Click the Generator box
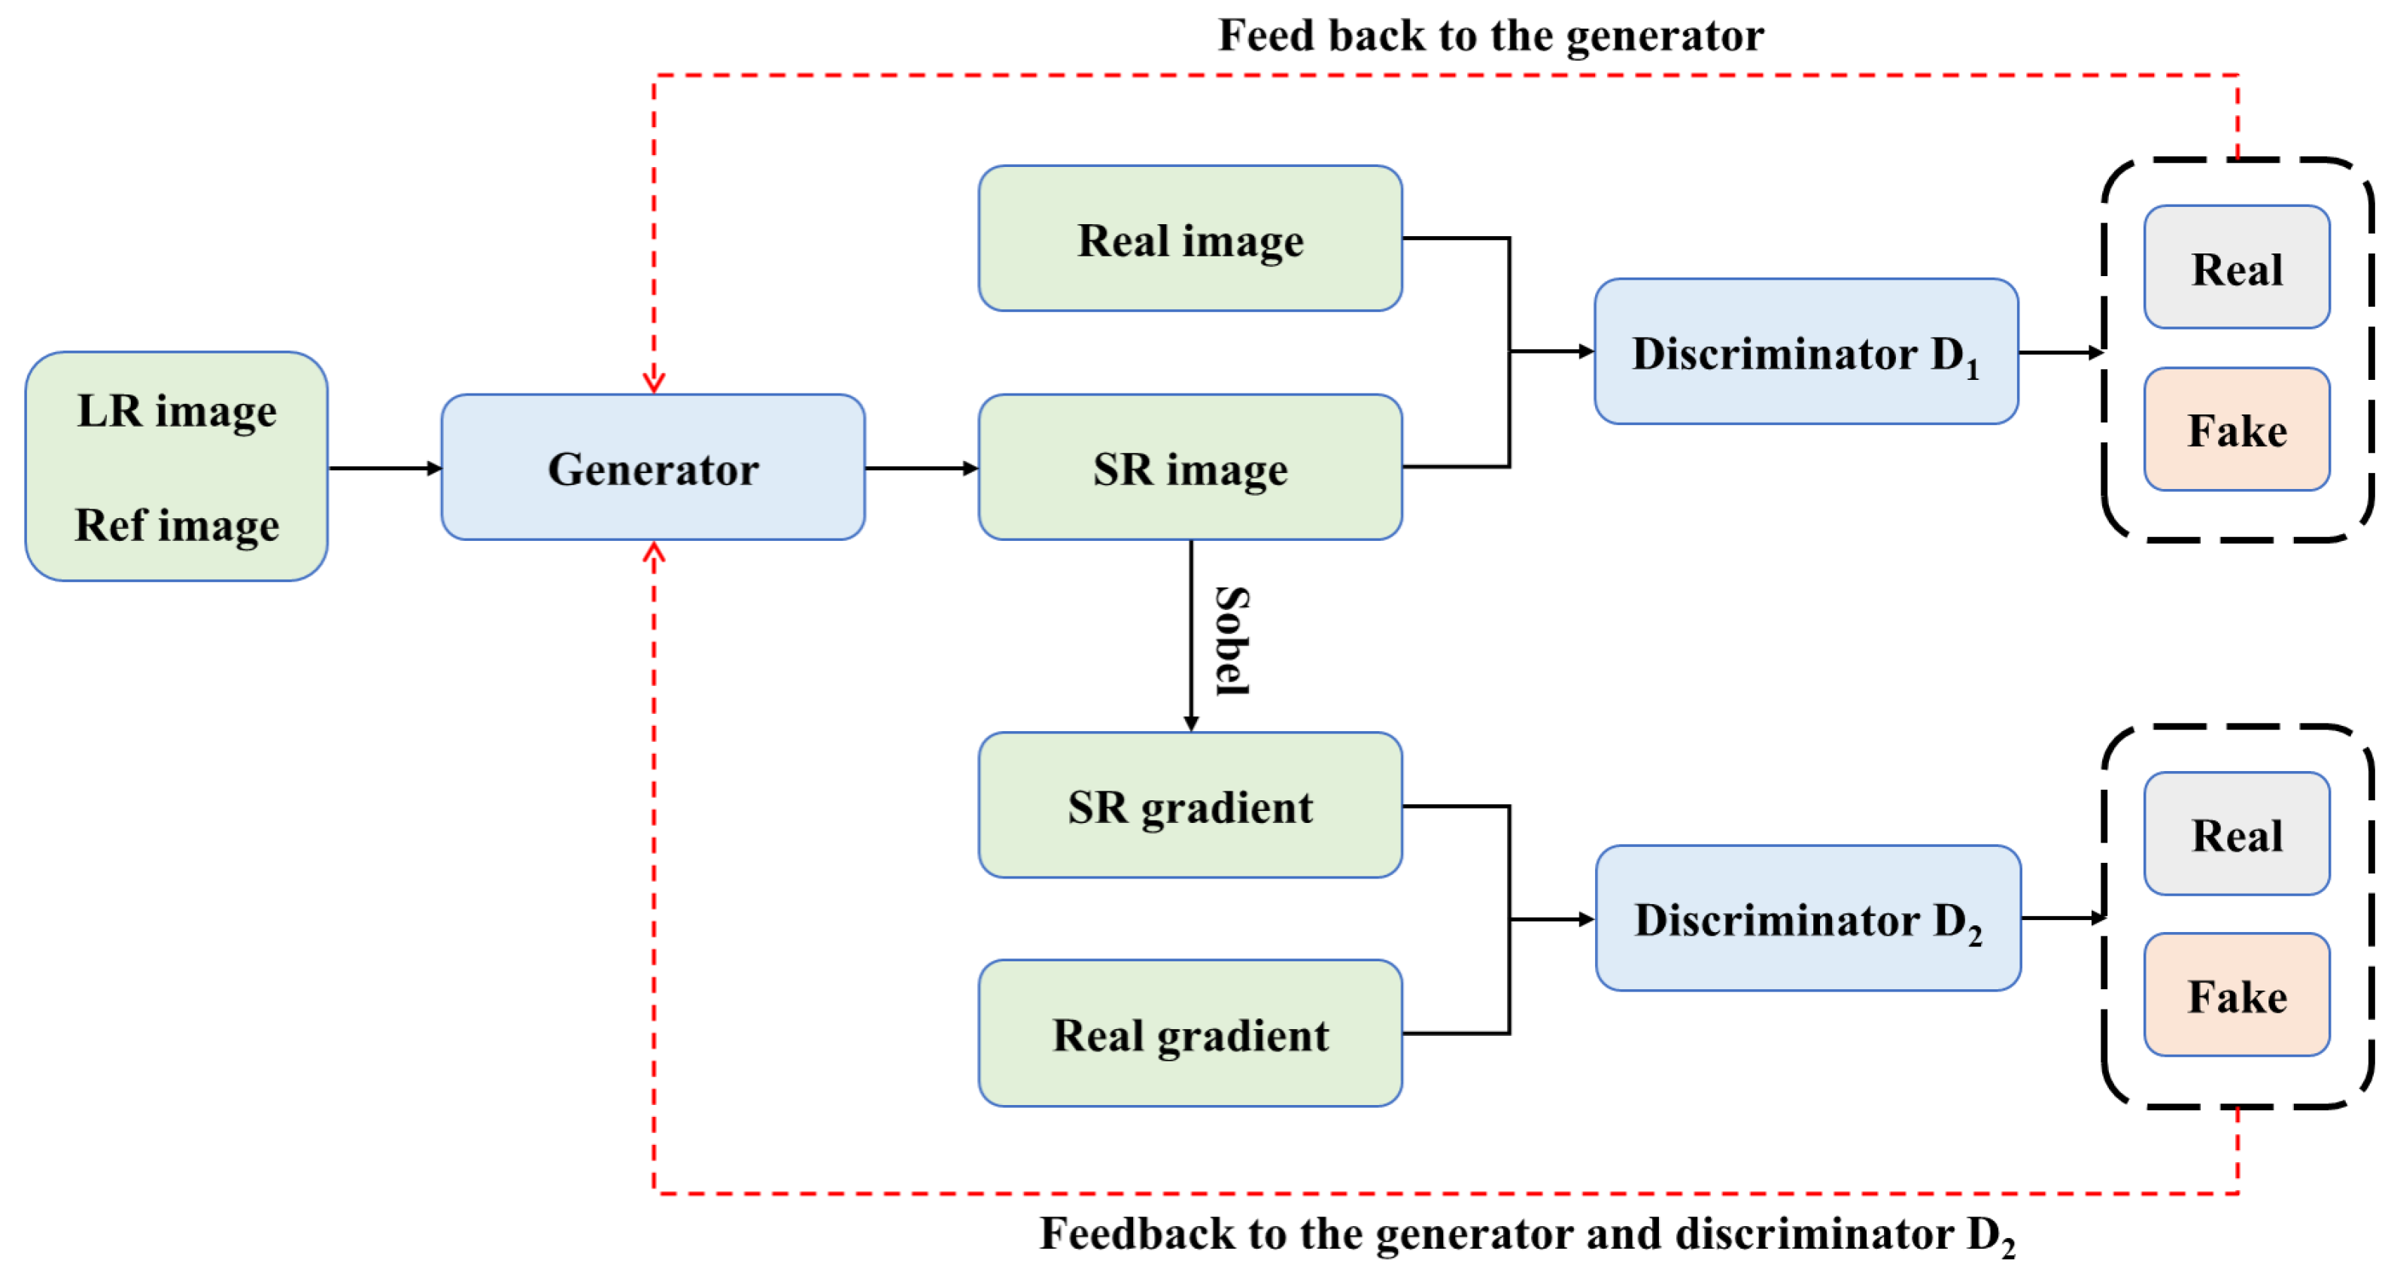pyautogui.click(x=653, y=468)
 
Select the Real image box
pyautogui.click(x=1189, y=239)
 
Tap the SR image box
pyautogui.click(x=1189, y=468)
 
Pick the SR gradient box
pyautogui.click(x=1189, y=806)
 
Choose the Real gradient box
pyautogui.click(x=1189, y=1033)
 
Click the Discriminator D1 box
pyautogui.click(x=1806, y=352)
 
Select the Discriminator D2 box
pyautogui.click(x=1807, y=918)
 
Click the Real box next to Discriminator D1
pyautogui.click(x=2236, y=268)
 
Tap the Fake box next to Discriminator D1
pyautogui.click(x=2236, y=430)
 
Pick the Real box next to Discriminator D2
pyautogui.click(x=2236, y=834)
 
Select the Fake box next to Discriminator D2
pyautogui.click(x=2236, y=995)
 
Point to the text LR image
pyautogui.click(x=177, y=411)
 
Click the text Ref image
pyautogui.click(x=177, y=525)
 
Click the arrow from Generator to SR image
pyautogui.click(x=921, y=469)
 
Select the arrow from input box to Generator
pyautogui.click(x=384, y=469)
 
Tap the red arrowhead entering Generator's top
pyautogui.click(x=654, y=382)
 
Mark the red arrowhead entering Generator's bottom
pyautogui.click(x=654, y=553)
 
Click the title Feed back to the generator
pyautogui.click(x=1490, y=35)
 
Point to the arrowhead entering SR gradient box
pyautogui.click(x=1191, y=723)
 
